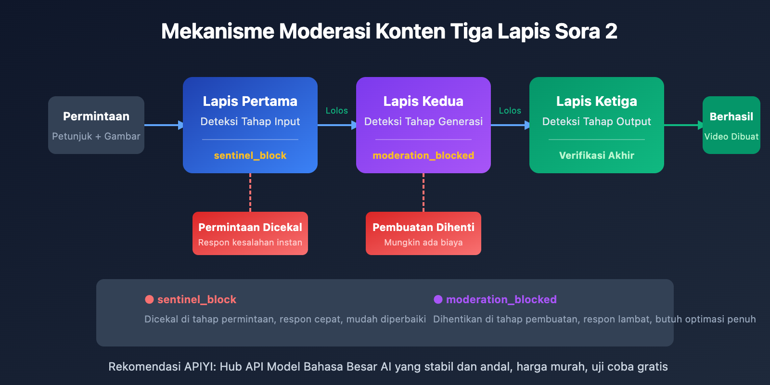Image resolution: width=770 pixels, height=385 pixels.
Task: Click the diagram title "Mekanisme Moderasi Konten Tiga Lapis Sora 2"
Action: tap(389, 32)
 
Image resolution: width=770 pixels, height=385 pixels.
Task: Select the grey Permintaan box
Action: tap(96, 125)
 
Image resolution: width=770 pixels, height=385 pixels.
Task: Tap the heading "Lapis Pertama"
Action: tap(250, 102)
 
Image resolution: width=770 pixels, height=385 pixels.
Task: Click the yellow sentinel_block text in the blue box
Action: tap(250, 155)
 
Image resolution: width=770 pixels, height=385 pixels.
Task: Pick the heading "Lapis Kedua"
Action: tap(423, 102)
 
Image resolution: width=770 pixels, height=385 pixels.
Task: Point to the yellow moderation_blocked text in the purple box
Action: tap(423, 155)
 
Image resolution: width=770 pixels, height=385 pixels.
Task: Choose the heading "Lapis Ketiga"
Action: tap(596, 102)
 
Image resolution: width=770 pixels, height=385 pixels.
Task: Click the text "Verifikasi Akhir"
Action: tap(596, 155)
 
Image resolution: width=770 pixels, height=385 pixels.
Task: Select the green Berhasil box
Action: tap(731, 125)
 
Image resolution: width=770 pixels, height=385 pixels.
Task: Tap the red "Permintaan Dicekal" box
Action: tap(250, 233)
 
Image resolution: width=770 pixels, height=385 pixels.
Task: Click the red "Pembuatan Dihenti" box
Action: tap(423, 233)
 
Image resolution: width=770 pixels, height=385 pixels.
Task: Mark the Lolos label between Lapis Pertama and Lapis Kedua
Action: tap(336, 111)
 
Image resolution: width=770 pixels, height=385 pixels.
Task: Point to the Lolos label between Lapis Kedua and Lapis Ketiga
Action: tap(510, 111)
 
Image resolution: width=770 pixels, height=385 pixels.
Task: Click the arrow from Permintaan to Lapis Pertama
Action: tap(164, 125)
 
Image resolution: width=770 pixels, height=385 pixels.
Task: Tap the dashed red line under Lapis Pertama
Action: tap(250, 192)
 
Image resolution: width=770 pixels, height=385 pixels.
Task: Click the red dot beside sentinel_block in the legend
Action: tap(149, 299)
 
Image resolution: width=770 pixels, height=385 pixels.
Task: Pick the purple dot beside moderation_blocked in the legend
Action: tap(438, 299)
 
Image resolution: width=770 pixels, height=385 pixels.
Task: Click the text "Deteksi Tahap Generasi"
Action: tap(423, 122)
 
